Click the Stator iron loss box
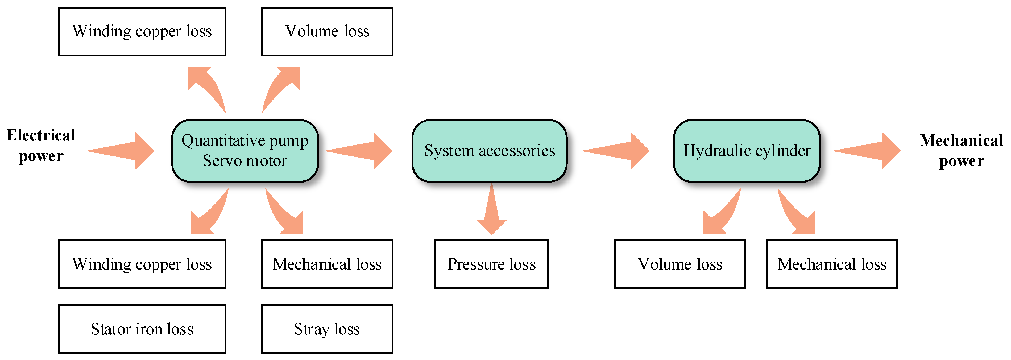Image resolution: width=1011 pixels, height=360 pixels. [x=142, y=329]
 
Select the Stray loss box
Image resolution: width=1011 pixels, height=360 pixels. [x=327, y=329]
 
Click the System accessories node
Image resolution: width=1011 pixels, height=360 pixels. [x=490, y=151]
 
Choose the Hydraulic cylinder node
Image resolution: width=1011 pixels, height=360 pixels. [x=747, y=151]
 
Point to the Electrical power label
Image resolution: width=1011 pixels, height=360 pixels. [x=41, y=145]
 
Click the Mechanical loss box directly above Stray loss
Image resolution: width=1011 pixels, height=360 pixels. [x=327, y=264]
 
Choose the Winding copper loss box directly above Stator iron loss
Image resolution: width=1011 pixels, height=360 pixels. [x=142, y=264]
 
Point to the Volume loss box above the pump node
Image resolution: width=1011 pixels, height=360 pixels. [x=327, y=31]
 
